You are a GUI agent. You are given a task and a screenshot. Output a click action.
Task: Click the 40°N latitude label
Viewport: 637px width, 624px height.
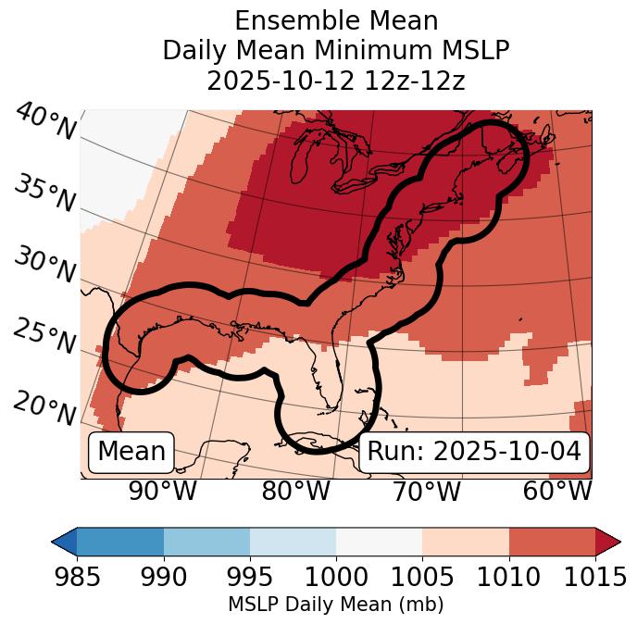pyautogui.click(x=45, y=122)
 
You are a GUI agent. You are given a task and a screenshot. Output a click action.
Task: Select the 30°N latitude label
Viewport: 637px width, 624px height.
pyautogui.click(x=45, y=266)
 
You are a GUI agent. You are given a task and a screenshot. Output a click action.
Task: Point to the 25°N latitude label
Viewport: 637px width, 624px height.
pyautogui.click(x=45, y=337)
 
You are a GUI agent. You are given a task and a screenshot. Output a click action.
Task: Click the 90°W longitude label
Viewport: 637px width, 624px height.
pyautogui.click(x=162, y=491)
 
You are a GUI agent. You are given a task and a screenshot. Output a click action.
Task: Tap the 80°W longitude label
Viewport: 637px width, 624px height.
pyautogui.click(x=295, y=491)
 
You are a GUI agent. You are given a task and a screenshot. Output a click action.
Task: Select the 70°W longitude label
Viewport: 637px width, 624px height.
pyautogui.click(x=425, y=491)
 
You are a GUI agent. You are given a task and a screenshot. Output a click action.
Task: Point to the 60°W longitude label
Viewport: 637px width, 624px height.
pyautogui.click(x=557, y=491)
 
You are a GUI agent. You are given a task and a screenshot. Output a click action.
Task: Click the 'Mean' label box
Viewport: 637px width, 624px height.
pyautogui.click(x=131, y=452)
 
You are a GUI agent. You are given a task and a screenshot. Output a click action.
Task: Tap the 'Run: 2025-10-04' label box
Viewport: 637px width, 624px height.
pyautogui.click(x=474, y=452)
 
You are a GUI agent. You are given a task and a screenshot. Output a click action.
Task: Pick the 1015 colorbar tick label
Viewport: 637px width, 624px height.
pyautogui.click(x=595, y=578)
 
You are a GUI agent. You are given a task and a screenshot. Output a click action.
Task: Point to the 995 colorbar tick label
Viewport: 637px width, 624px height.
pyautogui.click(x=250, y=578)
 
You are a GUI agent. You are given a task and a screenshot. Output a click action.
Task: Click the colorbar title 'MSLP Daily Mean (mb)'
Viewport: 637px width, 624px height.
pyautogui.click(x=336, y=605)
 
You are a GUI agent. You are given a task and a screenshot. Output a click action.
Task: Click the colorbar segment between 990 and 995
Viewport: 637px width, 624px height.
pyautogui.click(x=206, y=542)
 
